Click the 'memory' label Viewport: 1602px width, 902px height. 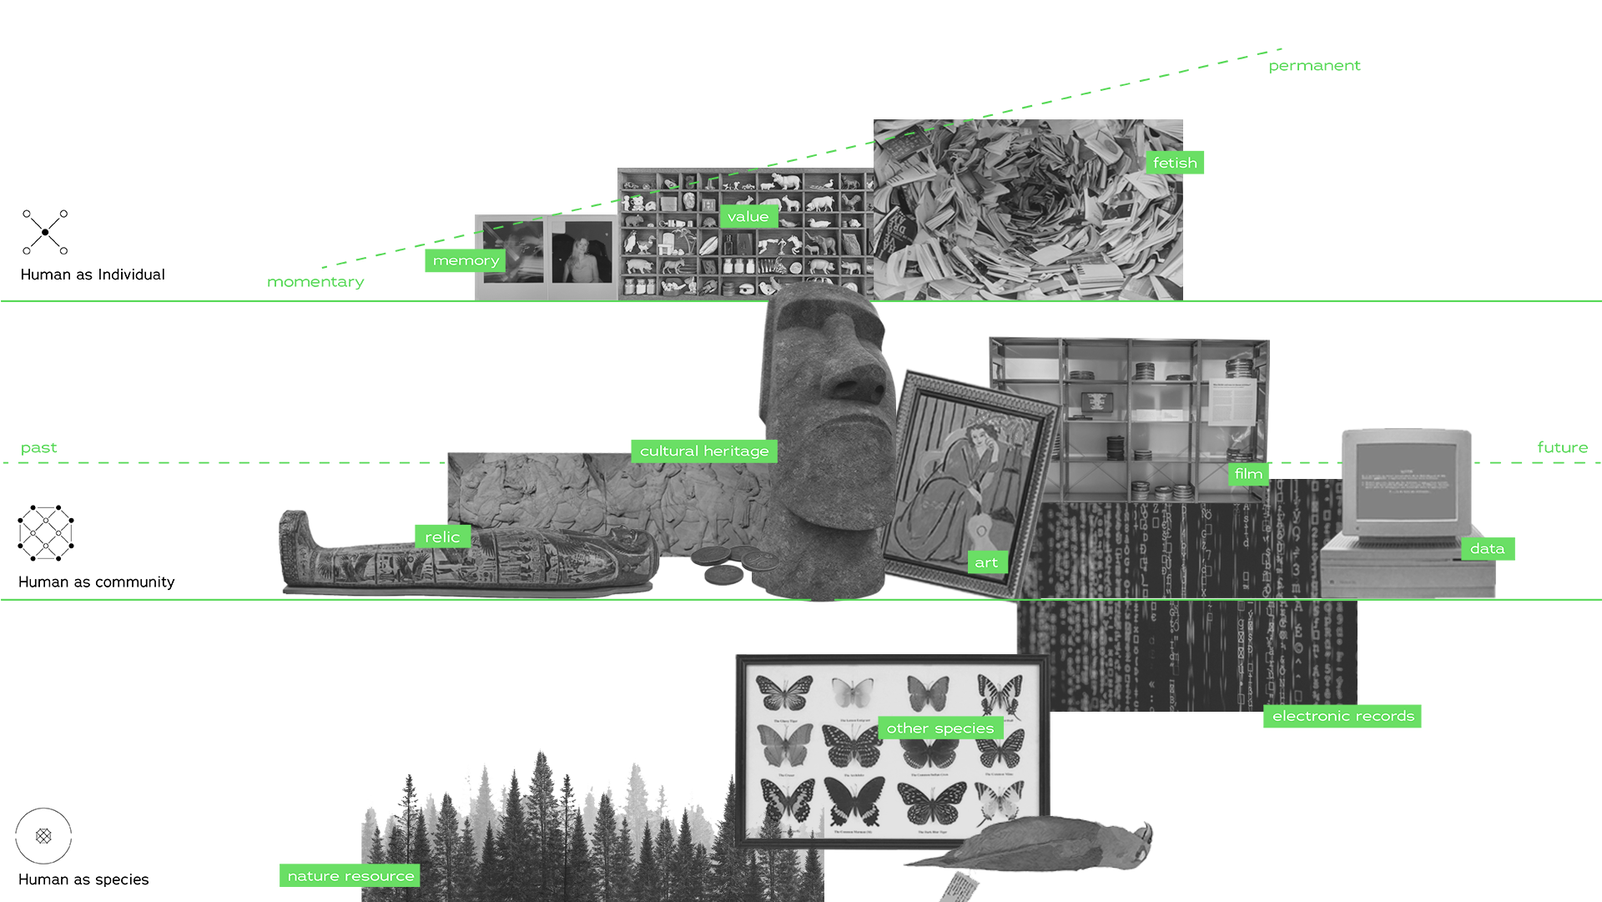pos(466,261)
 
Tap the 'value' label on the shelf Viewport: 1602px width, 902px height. pos(748,217)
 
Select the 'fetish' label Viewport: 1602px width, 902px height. pos(1174,164)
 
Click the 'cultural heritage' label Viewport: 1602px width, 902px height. pos(704,451)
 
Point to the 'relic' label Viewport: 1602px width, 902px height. pos(442,537)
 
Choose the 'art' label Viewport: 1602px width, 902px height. pos(986,563)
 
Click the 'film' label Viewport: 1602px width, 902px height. pos(1248,474)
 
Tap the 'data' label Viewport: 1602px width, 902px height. pos(1487,549)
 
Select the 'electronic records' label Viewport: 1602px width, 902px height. pos(1343,716)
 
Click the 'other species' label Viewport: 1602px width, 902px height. pos(940,728)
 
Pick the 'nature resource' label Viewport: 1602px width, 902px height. pos(350,876)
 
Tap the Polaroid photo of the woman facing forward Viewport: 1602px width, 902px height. pos(582,254)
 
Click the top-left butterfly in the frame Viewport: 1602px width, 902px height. pos(784,693)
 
